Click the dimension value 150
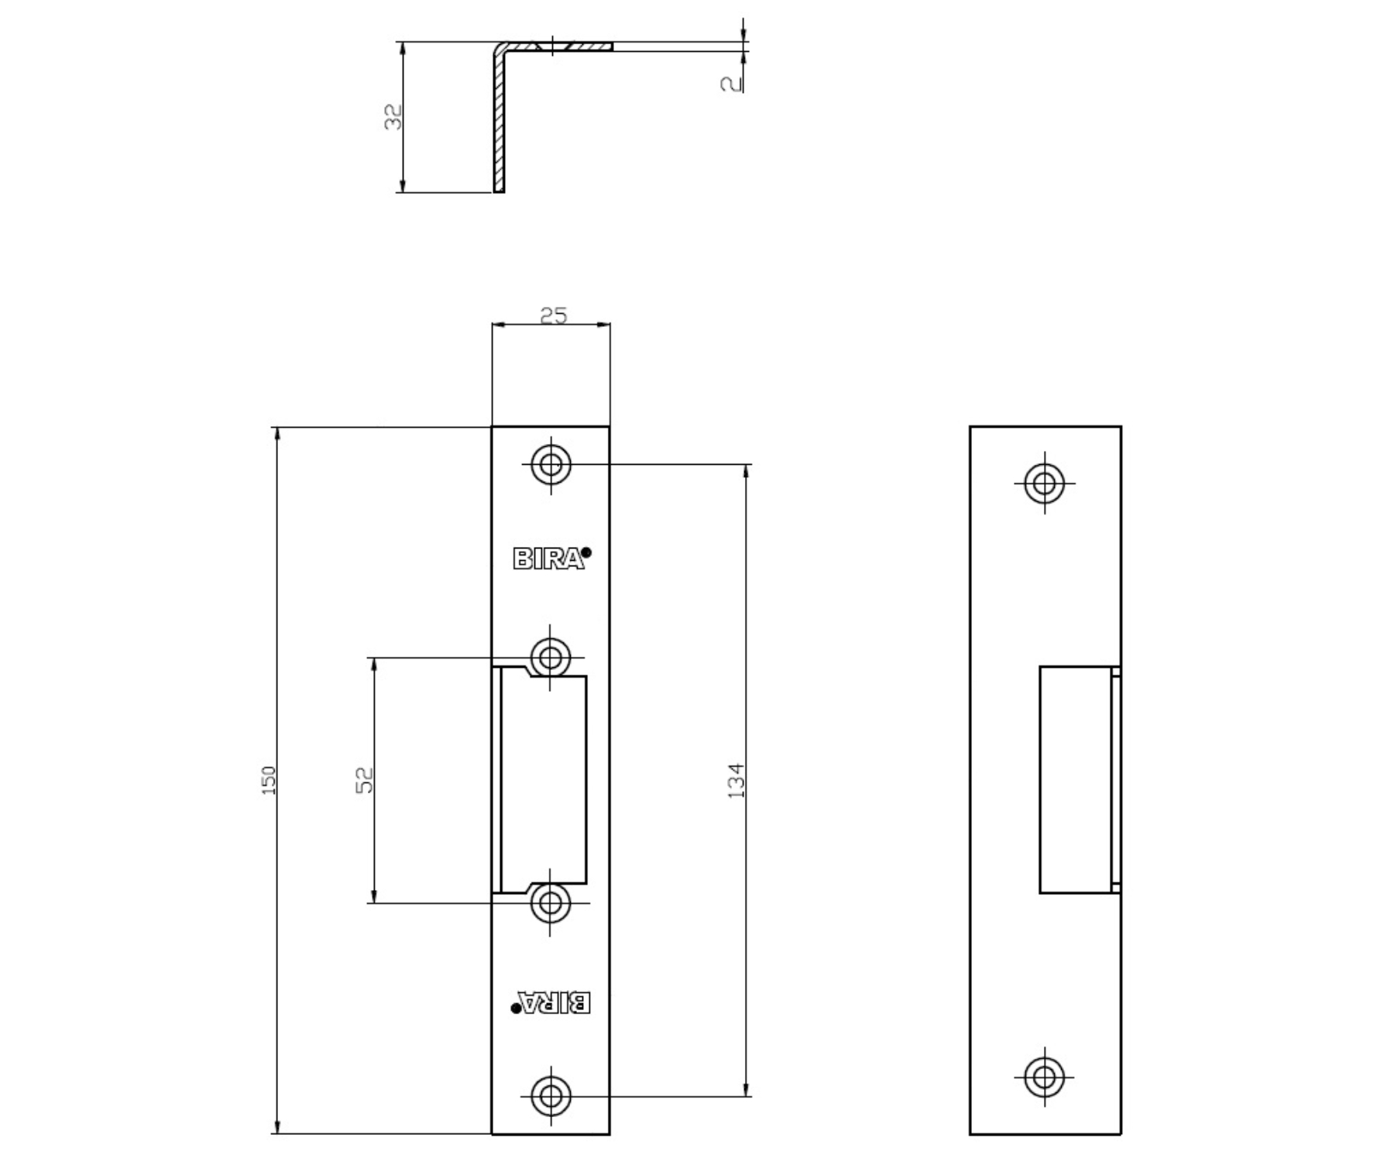(269, 779)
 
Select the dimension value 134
(736, 780)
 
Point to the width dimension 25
(553, 315)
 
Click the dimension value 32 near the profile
(394, 116)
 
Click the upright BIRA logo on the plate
(548, 559)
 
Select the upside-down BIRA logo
(554, 1002)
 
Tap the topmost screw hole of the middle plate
(551, 465)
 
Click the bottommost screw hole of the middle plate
(551, 1096)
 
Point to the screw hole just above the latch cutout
(551, 658)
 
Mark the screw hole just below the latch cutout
(551, 902)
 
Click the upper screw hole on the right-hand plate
(1044, 483)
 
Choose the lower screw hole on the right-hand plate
(1044, 1077)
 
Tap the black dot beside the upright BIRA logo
(586, 552)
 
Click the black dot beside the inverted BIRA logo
(516, 1008)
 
